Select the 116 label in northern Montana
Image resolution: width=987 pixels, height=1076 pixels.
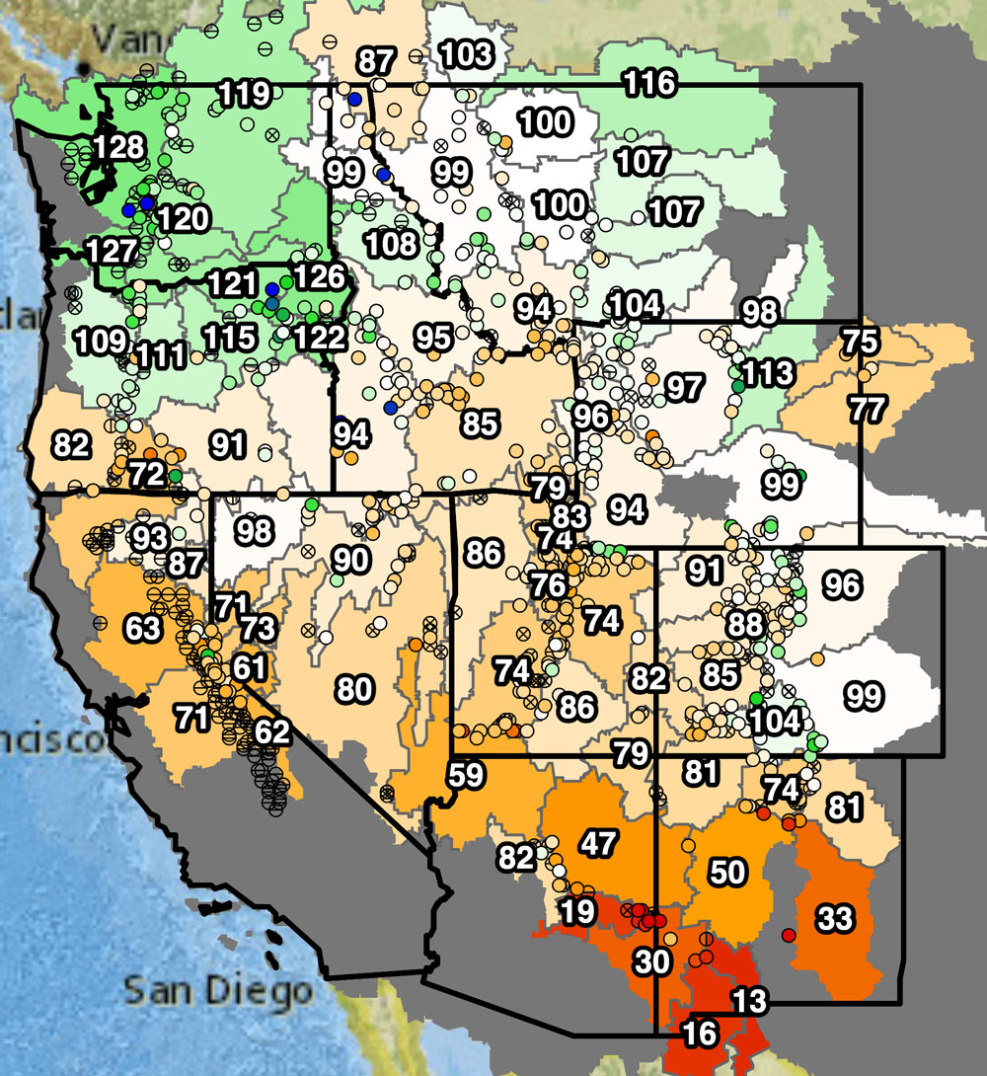tap(649, 83)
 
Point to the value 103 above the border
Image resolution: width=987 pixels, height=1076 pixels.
tap(464, 52)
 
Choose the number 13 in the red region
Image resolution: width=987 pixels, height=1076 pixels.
tap(748, 1000)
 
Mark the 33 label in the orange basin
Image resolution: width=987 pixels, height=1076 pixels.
tap(834, 919)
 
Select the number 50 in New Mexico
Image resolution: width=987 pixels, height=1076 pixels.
tap(727, 872)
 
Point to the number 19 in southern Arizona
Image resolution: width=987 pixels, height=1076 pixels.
tap(577, 911)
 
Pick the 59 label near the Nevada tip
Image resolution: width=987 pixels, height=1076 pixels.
tap(469, 774)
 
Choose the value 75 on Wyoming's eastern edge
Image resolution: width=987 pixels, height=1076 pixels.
tap(861, 343)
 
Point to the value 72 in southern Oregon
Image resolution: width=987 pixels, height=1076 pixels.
tap(146, 474)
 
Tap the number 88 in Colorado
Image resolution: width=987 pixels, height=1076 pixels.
tap(745, 625)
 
